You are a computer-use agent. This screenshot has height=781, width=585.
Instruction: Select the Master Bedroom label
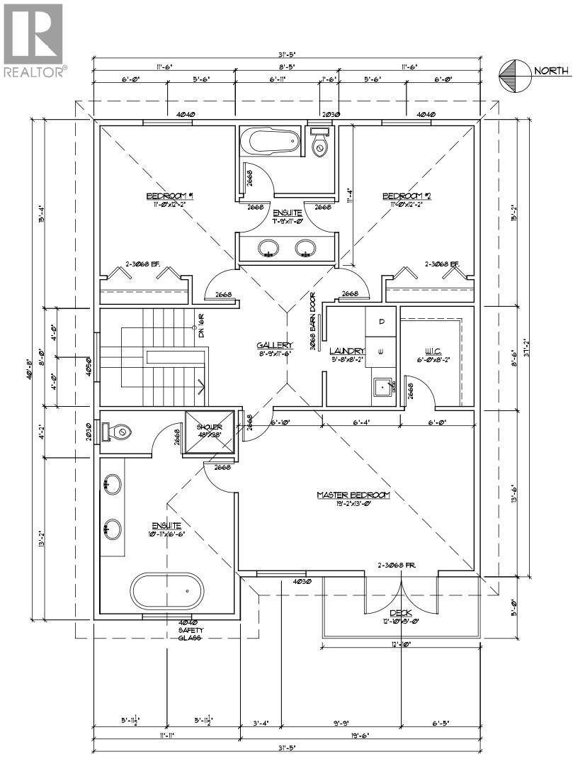(353, 495)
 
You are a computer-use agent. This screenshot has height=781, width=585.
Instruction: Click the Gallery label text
(275, 345)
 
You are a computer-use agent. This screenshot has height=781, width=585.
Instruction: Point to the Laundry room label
(347, 351)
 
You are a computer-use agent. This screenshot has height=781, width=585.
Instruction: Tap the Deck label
(401, 614)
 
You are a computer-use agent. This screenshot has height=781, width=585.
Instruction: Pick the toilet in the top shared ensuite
(320, 144)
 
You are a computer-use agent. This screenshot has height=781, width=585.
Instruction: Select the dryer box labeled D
(380, 322)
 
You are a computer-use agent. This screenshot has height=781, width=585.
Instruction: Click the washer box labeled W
(380, 351)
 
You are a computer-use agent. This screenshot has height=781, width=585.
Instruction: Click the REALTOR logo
(34, 40)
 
